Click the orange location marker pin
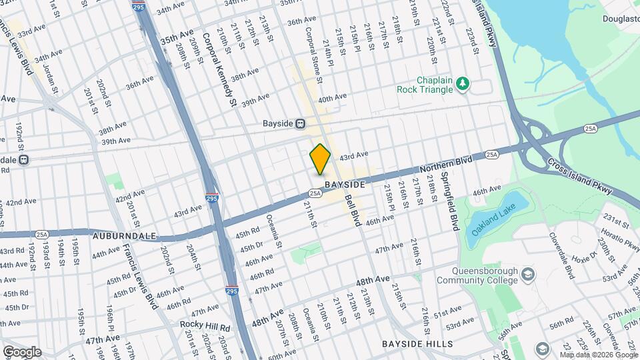click(x=320, y=159)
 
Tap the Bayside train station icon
click(x=301, y=123)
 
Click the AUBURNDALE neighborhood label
click(x=124, y=236)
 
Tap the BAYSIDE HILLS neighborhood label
click(x=417, y=344)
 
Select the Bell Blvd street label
click(x=351, y=207)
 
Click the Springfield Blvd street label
click(x=453, y=203)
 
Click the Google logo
click(x=22, y=352)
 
